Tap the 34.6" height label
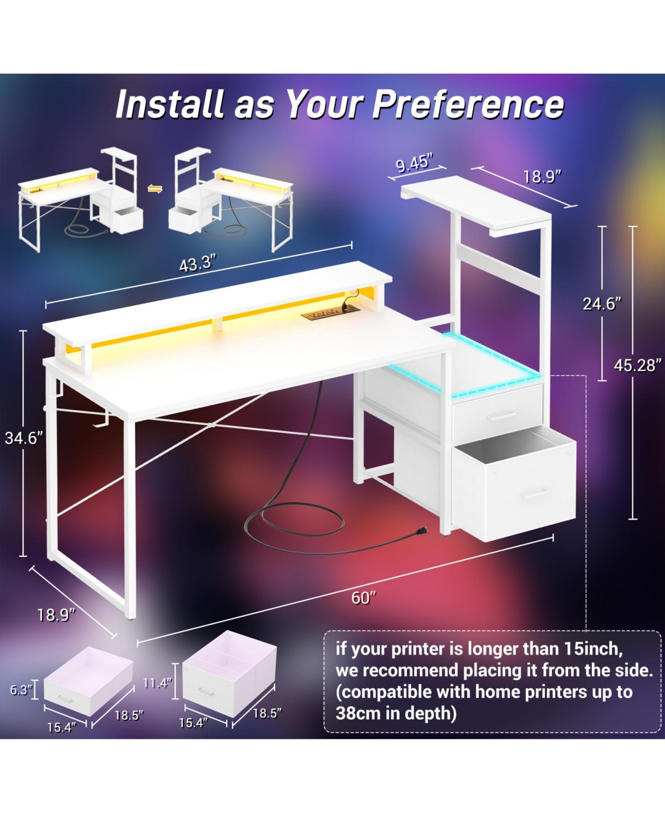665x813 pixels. (x=24, y=438)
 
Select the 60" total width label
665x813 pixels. (x=364, y=598)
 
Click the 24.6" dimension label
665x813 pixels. (x=602, y=304)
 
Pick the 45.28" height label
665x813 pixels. (x=637, y=365)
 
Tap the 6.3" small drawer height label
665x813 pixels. (x=21, y=690)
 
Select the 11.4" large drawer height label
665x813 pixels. (x=157, y=683)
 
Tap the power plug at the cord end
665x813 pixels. (x=420, y=532)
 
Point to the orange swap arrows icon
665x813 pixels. (x=155, y=189)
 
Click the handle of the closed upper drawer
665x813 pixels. (x=501, y=416)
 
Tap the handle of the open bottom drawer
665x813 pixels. (x=535, y=494)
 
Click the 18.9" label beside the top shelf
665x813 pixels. (x=542, y=177)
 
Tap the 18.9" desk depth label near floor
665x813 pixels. (x=56, y=615)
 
